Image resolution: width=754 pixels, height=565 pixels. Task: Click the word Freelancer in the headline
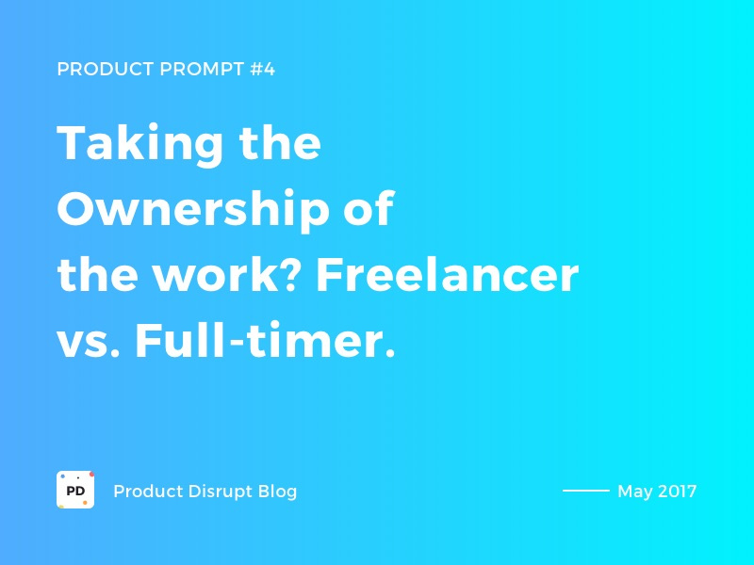point(447,277)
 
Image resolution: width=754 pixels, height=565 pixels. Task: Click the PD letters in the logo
point(75,491)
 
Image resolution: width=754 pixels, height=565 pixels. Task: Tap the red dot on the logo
point(91,474)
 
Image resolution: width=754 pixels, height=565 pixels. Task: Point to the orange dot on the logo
point(85,503)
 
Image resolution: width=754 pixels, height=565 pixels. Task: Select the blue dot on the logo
point(62,476)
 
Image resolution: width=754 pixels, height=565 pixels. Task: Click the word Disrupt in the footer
point(218,492)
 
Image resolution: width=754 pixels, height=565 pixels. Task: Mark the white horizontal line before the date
point(586,491)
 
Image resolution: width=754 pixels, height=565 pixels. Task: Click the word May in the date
point(634,492)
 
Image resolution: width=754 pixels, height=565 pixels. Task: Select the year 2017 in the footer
point(678,492)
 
